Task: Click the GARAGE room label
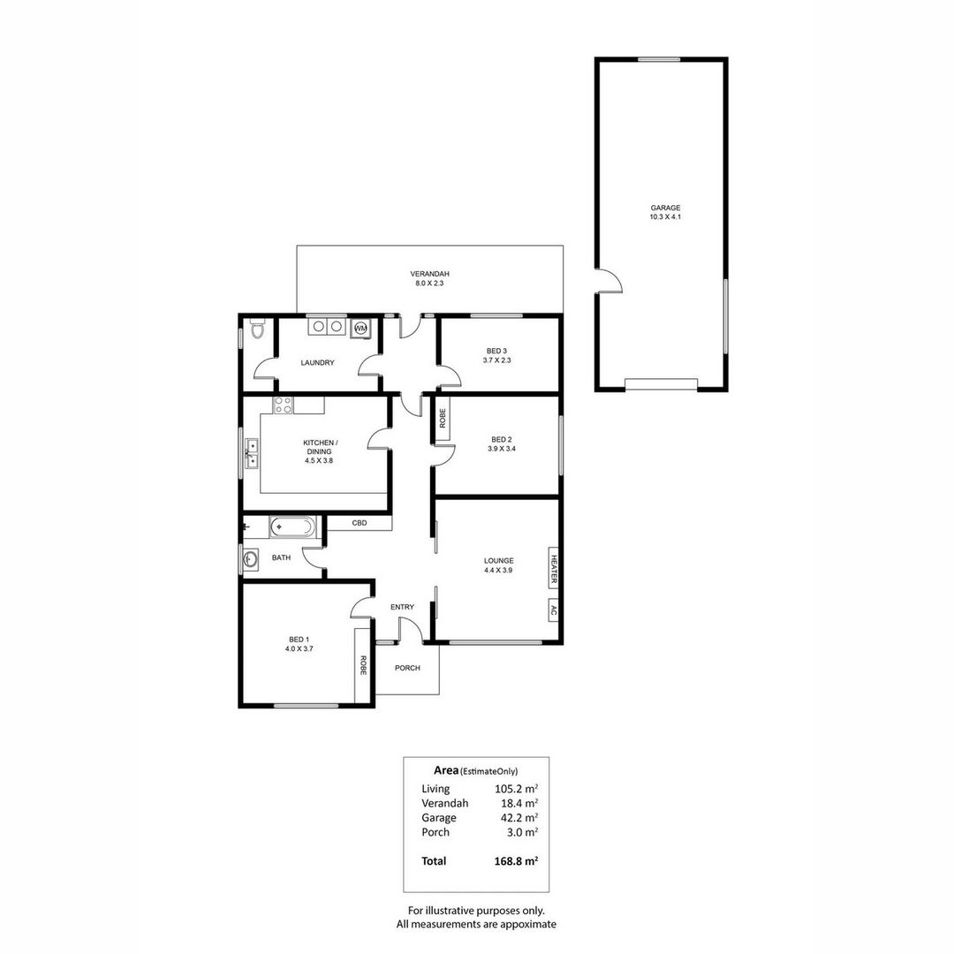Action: (x=666, y=208)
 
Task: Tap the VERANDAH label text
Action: (x=429, y=273)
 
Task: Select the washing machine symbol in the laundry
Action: (x=360, y=328)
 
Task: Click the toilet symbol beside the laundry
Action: (x=256, y=329)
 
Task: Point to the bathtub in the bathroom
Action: (x=291, y=527)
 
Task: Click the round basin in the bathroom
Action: (x=249, y=559)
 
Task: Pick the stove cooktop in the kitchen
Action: (x=284, y=405)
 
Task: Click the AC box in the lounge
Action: (x=554, y=610)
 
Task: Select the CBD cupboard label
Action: (x=360, y=523)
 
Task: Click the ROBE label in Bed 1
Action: (x=362, y=665)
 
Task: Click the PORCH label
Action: (x=407, y=668)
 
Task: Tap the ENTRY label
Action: (x=402, y=607)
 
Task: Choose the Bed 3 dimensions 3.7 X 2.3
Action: (x=497, y=360)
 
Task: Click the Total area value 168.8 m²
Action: (x=517, y=861)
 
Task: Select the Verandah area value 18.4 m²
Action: (x=517, y=803)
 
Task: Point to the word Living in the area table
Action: (x=435, y=789)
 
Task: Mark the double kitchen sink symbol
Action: (x=251, y=452)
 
